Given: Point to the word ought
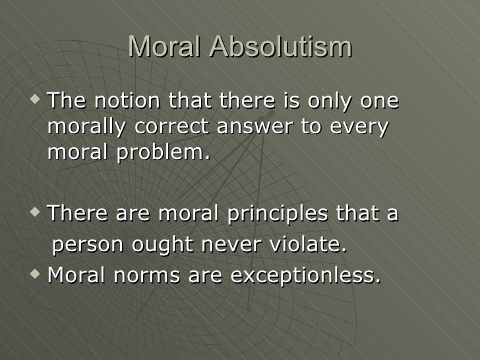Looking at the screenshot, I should (x=165, y=245).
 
